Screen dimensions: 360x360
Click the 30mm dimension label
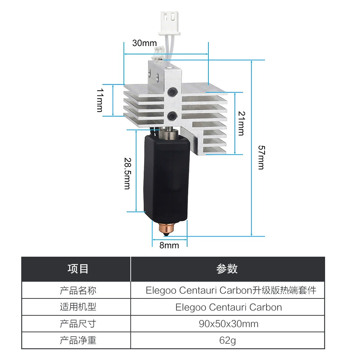coord(144,43)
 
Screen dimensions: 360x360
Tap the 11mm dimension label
coord(100,100)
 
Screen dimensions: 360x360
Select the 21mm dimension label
coord(242,123)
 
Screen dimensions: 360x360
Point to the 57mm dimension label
coord(261,158)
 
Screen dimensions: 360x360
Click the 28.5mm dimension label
coord(127,174)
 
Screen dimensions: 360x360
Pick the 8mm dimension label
coord(169,246)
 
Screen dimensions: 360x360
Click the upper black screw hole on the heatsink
coord(172,92)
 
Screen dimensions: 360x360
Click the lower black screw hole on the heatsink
coord(172,116)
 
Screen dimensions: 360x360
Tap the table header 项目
coord(78,269)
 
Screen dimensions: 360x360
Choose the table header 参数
coord(227,269)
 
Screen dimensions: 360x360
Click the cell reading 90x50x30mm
coord(229,324)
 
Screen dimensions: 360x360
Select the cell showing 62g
coord(228,340)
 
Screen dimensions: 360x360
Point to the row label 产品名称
coord(78,291)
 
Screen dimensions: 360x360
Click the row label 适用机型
coord(78,307)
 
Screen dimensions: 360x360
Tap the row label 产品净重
coord(78,340)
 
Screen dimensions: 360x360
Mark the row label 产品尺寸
coord(78,324)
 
